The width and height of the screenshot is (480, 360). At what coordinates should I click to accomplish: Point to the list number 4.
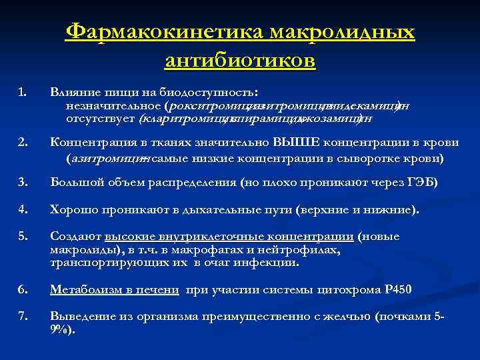(x=23, y=211)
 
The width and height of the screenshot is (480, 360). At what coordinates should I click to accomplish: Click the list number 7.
(x=23, y=317)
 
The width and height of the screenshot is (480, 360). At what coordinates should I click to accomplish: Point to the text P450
(x=398, y=289)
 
